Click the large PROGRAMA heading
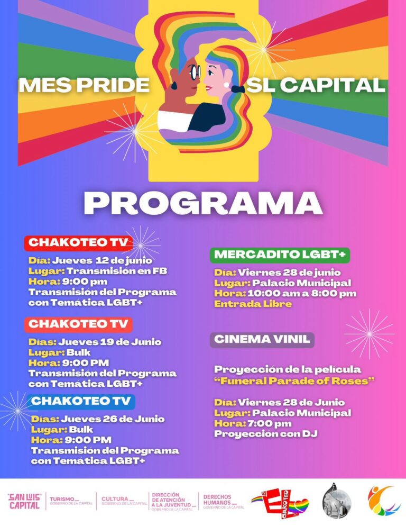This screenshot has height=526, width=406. click(x=203, y=203)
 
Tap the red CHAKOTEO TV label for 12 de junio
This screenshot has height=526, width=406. click(x=78, y=243)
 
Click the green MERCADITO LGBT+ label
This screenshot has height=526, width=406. click(x=280, y=255)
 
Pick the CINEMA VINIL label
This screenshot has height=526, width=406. click(x=262, y=340)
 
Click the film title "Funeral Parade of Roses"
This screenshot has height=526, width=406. click(x=294, y=380)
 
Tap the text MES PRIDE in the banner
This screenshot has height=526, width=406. click(x=85, y=85)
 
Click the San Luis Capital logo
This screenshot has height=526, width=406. click(x=24, y=501)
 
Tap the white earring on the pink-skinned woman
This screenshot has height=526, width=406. click(x=226, y=84)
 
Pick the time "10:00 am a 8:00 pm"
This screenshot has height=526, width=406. click(x=302, y=293)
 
